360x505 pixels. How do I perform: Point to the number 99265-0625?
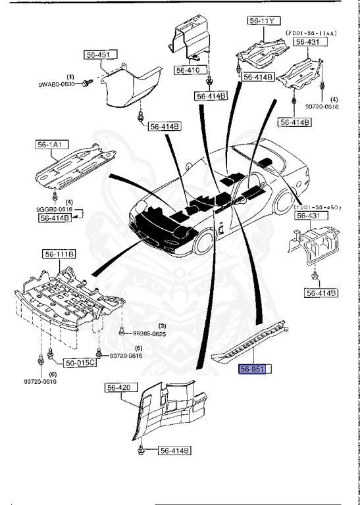(x=149, y=333)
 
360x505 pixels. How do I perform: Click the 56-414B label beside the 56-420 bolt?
(x=174, y=450)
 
